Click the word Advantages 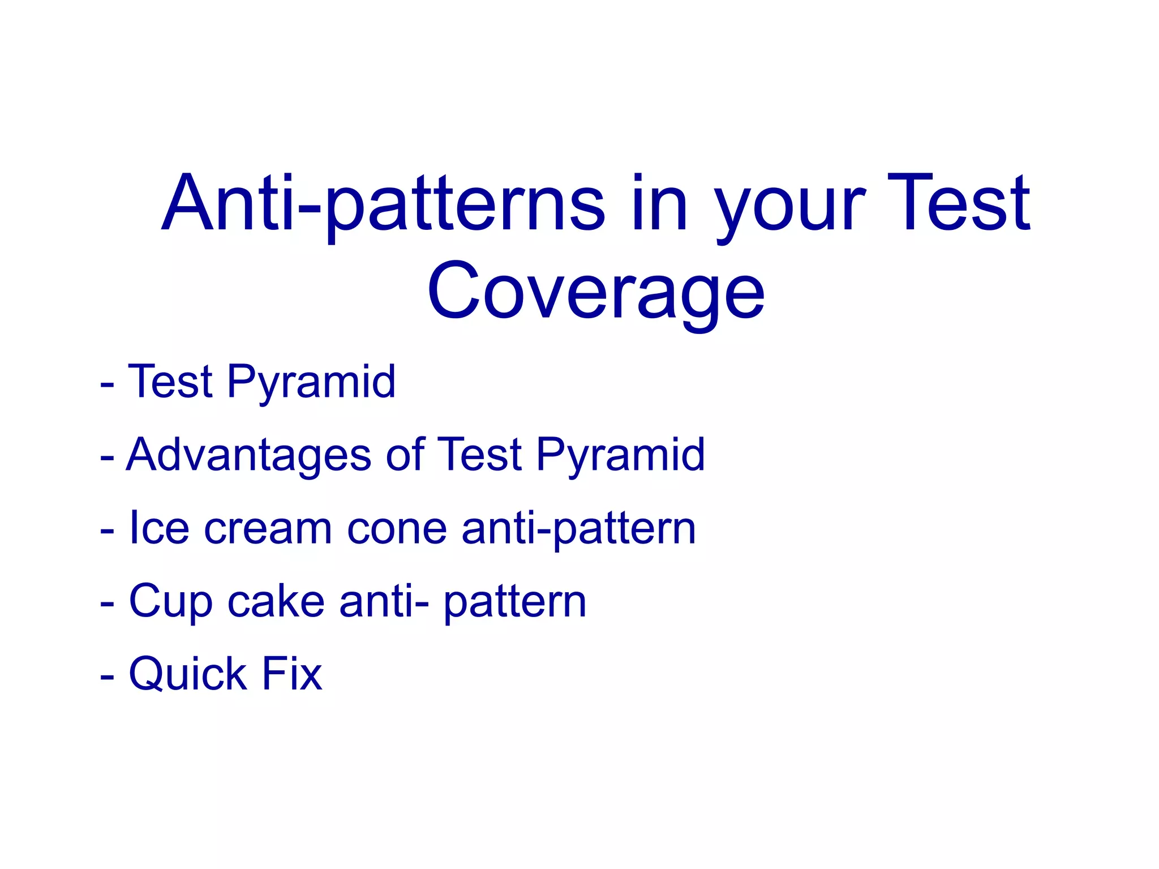point(248,456)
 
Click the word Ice point(159,528)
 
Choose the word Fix point(291,674)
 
